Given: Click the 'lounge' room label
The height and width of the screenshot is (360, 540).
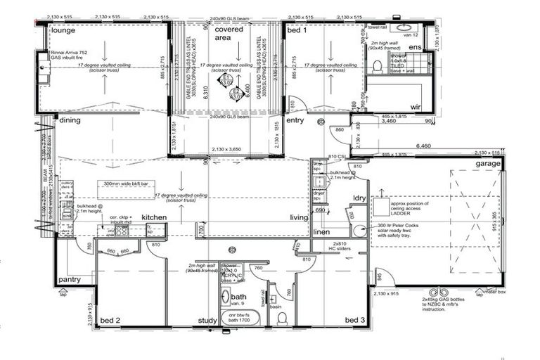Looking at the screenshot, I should [x=62, y=31].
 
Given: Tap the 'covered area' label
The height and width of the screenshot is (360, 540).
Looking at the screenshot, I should [x=229, y=34].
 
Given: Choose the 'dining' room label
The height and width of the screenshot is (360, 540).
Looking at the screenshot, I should [x=70, y=120].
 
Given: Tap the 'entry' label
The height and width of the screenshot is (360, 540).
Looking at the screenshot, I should [x=295, y=120].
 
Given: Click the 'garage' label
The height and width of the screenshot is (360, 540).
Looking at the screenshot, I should [x=487, y=163].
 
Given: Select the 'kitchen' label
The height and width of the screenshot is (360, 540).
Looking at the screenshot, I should [x=154, y=218].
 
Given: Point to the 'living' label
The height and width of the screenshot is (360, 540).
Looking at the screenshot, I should [x=300, y=218].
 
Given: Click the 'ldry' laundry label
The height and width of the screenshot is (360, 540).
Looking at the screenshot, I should [x=360, y=198].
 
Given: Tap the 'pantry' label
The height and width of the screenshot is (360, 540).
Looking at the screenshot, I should [x=70, y=279].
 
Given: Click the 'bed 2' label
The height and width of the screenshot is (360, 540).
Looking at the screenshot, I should [x=110, y=321].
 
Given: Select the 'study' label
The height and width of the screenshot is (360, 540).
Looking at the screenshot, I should [x=207, y=321].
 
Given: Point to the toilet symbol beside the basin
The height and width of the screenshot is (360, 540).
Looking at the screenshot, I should [x=282, y=319].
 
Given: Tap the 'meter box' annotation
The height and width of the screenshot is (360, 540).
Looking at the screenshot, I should [x=496, y=290].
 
